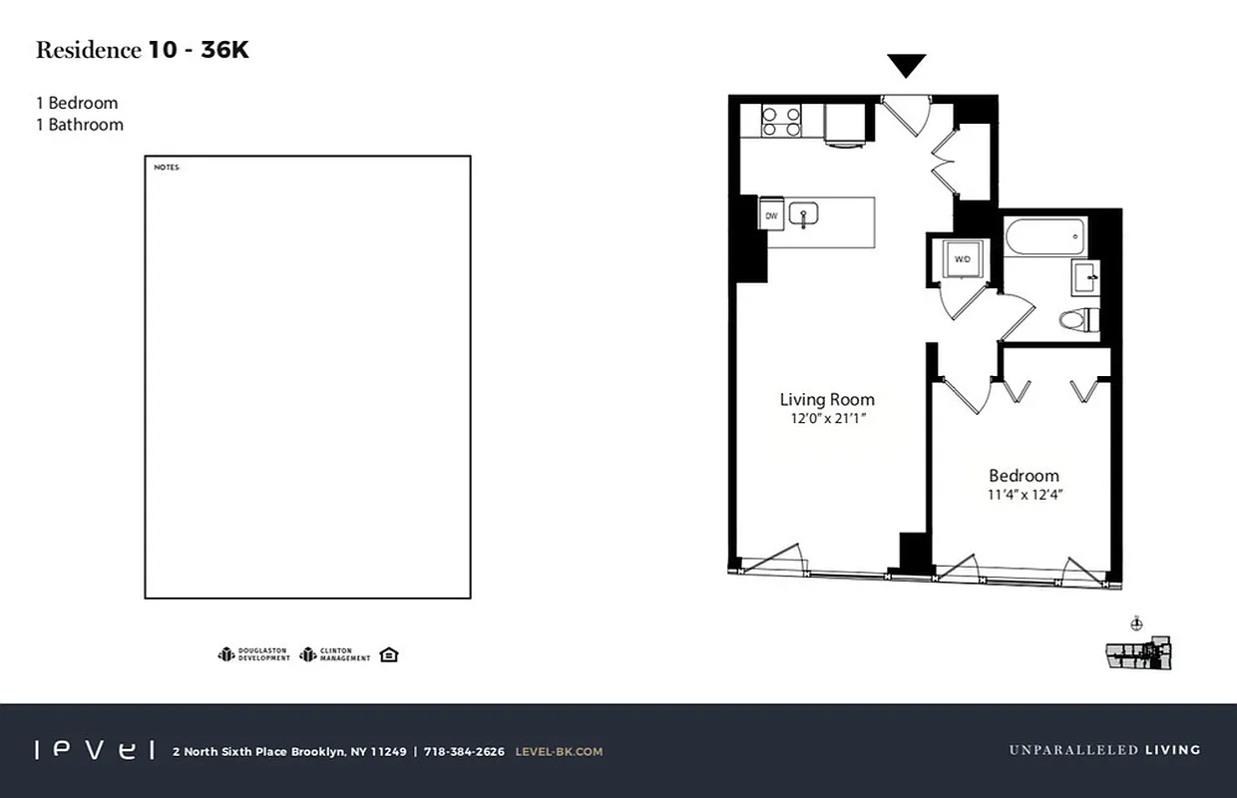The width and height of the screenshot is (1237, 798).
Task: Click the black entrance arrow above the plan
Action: point(907,66)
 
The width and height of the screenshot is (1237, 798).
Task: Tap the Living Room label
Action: point(827,399)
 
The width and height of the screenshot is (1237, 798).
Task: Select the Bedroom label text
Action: point(1024,476)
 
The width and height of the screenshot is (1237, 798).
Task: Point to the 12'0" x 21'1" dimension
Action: point(827,419)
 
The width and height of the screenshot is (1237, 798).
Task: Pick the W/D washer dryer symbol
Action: point(962,259)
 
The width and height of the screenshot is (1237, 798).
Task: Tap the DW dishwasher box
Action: point(771,215)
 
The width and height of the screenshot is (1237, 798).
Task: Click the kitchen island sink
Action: point(803,214)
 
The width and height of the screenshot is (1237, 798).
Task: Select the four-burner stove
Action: point(782,122)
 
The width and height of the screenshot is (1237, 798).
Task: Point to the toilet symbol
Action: point(1077,320)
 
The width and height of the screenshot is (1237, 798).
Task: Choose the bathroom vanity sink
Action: point(1085,275)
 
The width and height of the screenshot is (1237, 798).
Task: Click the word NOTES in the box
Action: point(167,168)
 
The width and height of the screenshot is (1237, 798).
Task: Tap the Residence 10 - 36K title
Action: point(143,51)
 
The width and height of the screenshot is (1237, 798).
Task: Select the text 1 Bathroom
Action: point(80,125)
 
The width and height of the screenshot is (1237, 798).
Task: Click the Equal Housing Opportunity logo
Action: point(389,654)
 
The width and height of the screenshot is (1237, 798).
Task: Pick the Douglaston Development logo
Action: point(254,655)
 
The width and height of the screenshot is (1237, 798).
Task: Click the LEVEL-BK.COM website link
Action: point(559,751)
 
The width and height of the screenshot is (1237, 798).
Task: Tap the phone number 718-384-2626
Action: point(464,751)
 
